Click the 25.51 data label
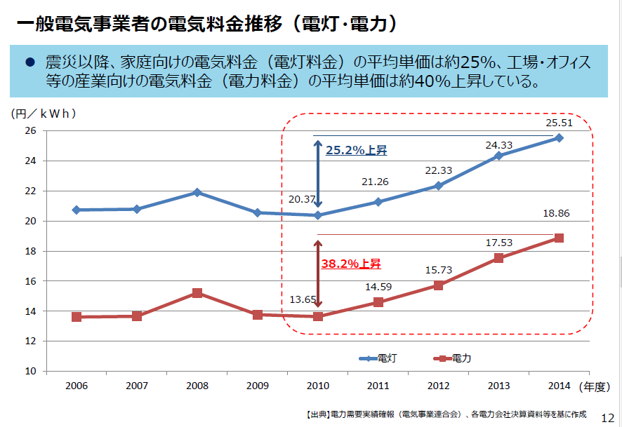pyautogui.click(x=559, y=123)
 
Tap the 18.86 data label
pyautogui.click(x=559, y=213)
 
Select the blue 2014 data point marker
pyautogui.click(x=559, y=137)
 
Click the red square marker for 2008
pyautogui.click(x=197, y=293)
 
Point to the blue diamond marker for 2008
pyautogui.click(x=197, y=192)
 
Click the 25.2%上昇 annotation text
pyautogui.click(x=356, y=150)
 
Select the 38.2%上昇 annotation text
pyautogui.click(x=350, y=264)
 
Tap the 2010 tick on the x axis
pyautogui.click(x=318, y=386)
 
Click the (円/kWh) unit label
pyautogui.click(x=44, y=112)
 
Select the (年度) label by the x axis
pyautogui.click(x=595, y=386)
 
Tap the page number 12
pyautogui.click(x=608, y=416)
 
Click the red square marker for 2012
pyautogui.click(x=438, y=285)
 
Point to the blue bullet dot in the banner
pyautogui.click(x=29, y=62)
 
